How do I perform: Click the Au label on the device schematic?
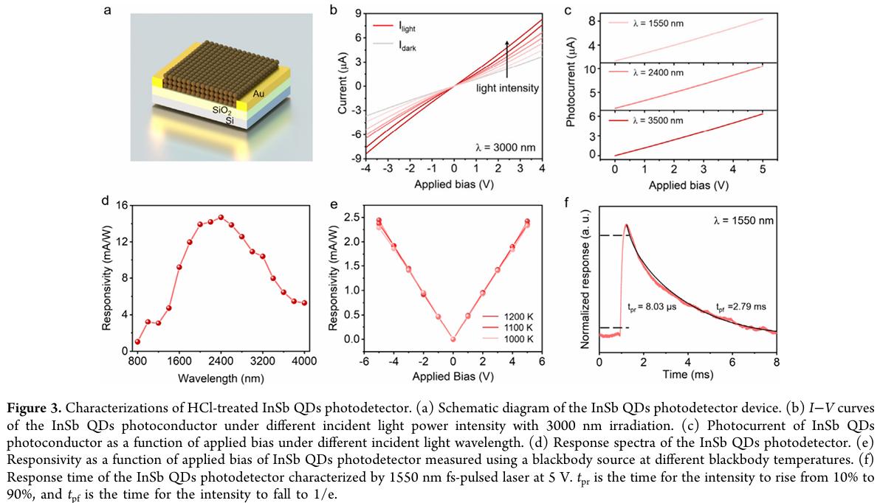pyautogui.click(x=258, y=94)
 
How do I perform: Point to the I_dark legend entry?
pyautogui.click(x=405, y=46)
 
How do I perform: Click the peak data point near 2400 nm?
pyautogui.click(x=221, y=218)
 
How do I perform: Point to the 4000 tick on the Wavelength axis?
pyautogui.click(x=304, y=361)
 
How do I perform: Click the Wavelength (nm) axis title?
pyautogui.click(x=221, y=378)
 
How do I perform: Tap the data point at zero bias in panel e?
pyautogui.click(x=453, y=339)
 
